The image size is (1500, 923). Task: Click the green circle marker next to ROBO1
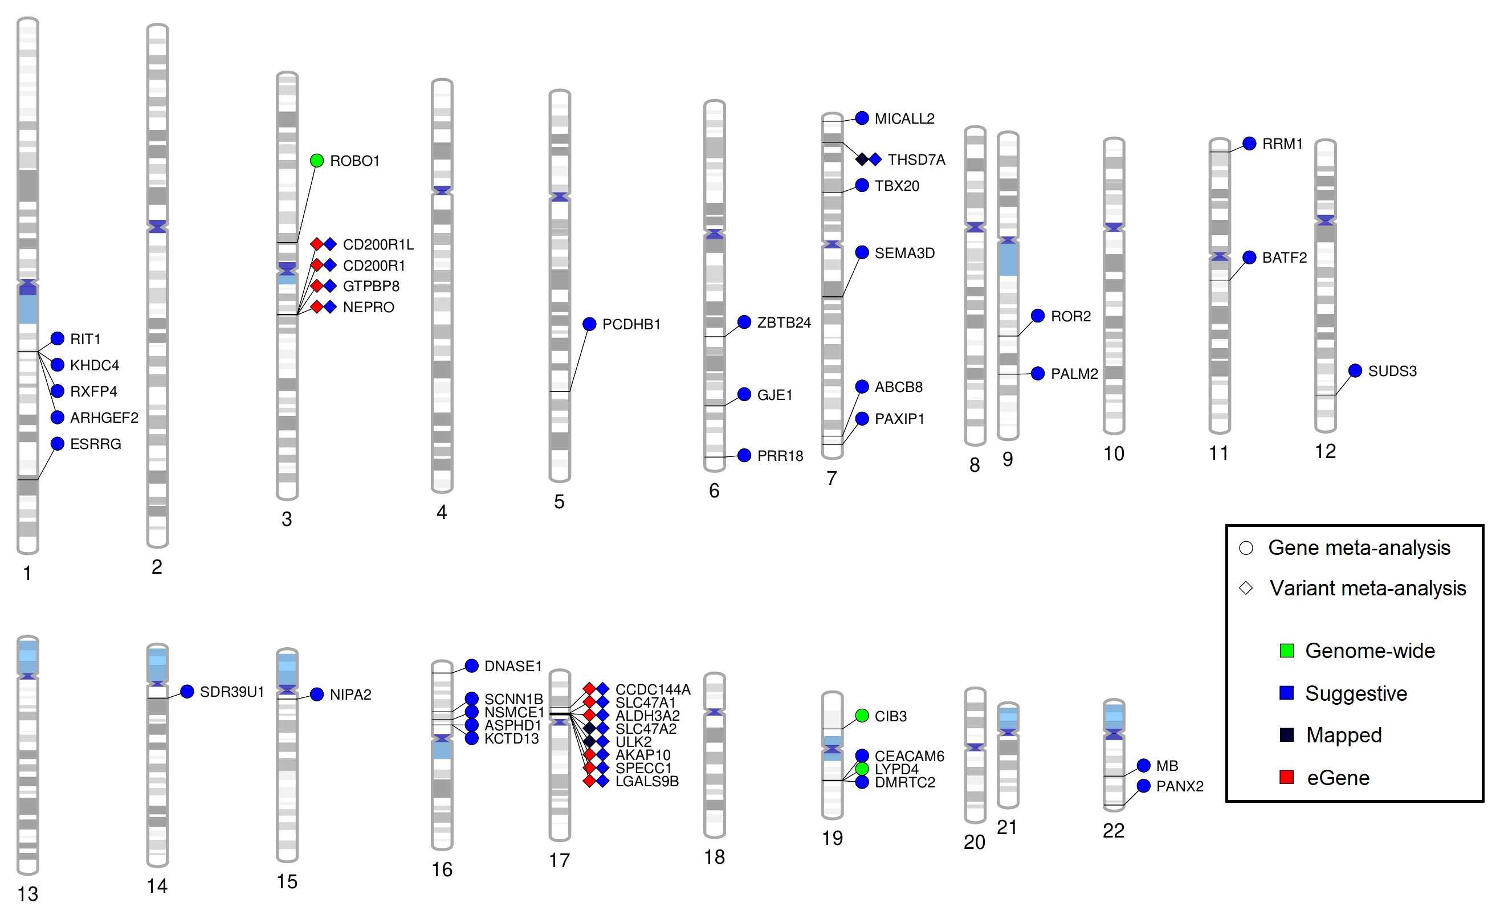coord(316,161)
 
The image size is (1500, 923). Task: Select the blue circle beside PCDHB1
coord(589,324)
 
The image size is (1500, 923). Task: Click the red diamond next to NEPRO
coord(317,307)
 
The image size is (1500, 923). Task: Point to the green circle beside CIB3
coord(861,716)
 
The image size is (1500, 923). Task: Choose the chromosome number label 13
coord(27,895)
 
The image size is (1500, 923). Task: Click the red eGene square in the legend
coord(1286,777)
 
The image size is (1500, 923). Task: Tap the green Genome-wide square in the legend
coord(1286,651)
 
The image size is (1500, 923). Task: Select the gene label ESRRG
coord(96,444)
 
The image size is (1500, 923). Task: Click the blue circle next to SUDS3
coord(1355,370)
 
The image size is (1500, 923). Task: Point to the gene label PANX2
coord(1180,786)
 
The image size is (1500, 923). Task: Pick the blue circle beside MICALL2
coord(861,119)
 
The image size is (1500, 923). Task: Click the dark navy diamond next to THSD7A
coord(861,160)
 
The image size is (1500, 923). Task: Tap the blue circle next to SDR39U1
coord(187,692)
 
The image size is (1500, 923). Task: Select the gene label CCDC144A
coord(653,689)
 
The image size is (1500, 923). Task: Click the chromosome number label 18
coord(714,857)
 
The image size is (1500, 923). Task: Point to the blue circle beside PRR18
coord(744,455)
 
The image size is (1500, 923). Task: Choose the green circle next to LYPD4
coord(861,769)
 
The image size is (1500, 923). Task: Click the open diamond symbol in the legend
coord(1246,588)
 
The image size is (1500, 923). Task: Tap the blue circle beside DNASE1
coord(471,666)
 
